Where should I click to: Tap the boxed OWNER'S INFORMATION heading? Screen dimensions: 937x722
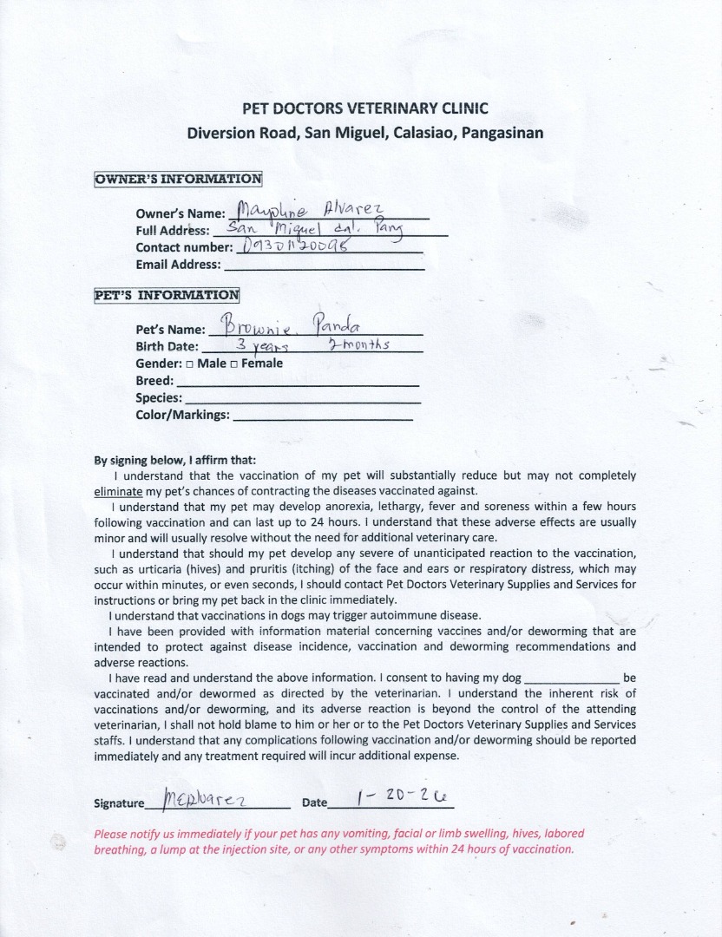[x=178, y=180]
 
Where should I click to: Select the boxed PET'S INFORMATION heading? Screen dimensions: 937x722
[x=166, y=294]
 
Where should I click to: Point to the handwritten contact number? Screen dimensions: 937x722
[x=294, y=246]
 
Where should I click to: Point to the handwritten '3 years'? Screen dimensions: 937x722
[x=257, y=345]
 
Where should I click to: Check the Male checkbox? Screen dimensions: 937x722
[x=189, y=364]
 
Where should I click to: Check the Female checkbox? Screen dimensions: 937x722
[x=233, y=364]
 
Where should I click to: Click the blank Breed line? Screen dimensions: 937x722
[x=298, y=382]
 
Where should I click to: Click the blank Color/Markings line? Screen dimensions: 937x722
[x=327, y=416]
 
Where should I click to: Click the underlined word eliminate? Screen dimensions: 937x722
[x=116, y=490]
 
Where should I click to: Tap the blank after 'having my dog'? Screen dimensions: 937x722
[x=573, y=678]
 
